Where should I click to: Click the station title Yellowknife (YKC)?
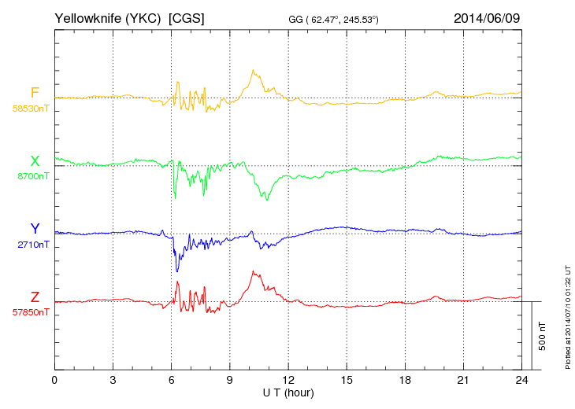tap(109, 17)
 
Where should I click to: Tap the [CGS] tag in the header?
tap(187, 17)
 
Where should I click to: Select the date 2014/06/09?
tap(487, 17)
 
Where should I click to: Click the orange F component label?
tap(34, 93)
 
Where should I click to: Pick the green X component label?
tap(34, 161)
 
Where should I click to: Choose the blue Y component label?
tap(34, 229)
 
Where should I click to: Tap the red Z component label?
tap(34, 297)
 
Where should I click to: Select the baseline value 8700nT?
tap(32, 177)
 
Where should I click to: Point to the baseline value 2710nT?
tap(32, 245)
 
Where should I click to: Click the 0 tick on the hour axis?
tap(54, 381)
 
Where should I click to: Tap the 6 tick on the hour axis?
tap(172, 381)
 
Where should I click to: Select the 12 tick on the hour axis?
tap(288, 381)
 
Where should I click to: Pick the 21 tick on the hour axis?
tap(463, 381)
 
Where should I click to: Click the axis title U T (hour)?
tap(288, 392)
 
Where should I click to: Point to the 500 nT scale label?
tap(543, 336)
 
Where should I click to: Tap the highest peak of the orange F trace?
tap(252, 70)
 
